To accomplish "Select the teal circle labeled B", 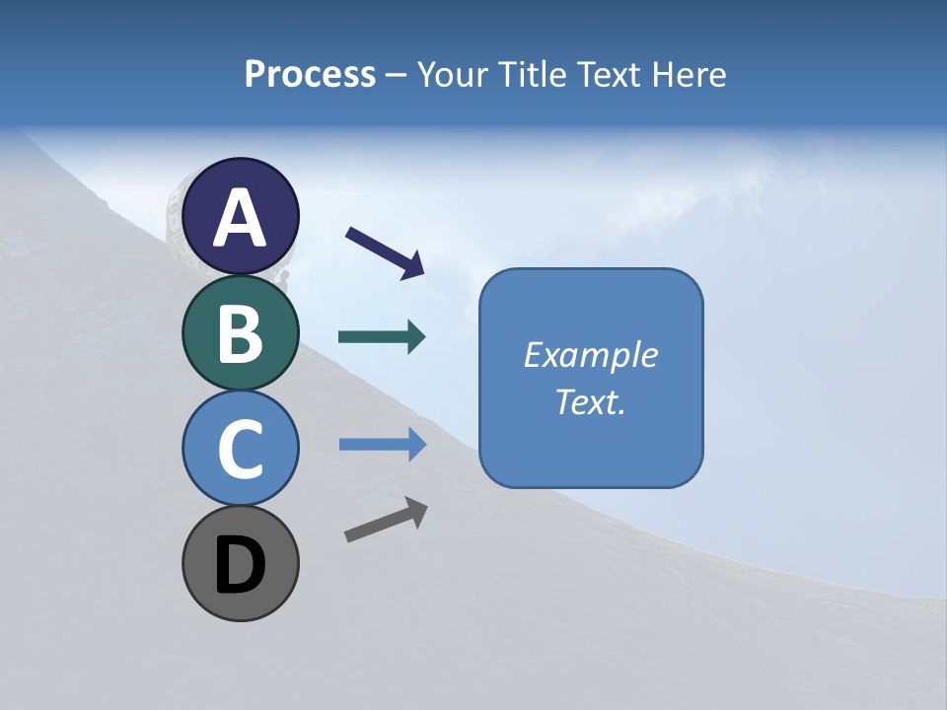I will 241,332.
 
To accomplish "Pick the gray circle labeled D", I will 241,563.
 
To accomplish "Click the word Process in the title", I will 310,75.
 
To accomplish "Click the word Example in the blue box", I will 590,355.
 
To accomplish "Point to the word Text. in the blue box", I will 590,401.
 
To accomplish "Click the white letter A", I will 241,218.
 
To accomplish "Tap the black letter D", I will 241,565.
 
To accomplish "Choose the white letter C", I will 241,449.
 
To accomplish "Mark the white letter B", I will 241,333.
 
